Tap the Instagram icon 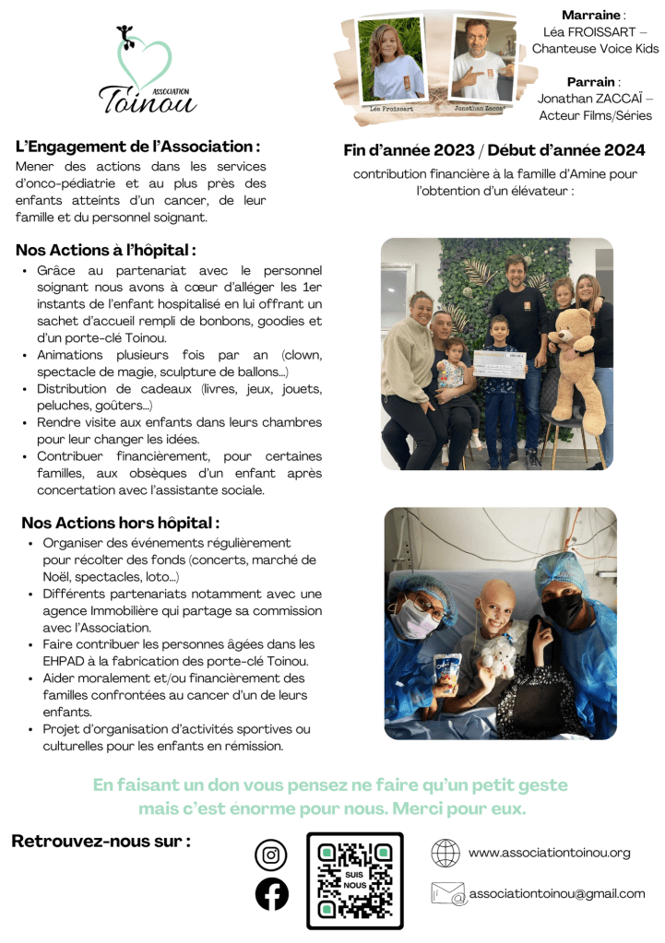(x=271, y=855)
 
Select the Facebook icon (x=271, y=894)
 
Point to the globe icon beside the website (x=445, y=853)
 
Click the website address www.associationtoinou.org (x=549, y=853)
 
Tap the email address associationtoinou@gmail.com (x=556, y=893)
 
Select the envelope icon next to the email (x=448, y=893)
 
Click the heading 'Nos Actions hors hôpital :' (x=120, y=523)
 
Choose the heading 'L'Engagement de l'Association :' (x=137, y=147)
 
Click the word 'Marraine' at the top (x=592, y=15)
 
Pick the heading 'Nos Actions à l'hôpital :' (x=106, y=250)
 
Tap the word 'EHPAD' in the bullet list (x=65, y=660)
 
